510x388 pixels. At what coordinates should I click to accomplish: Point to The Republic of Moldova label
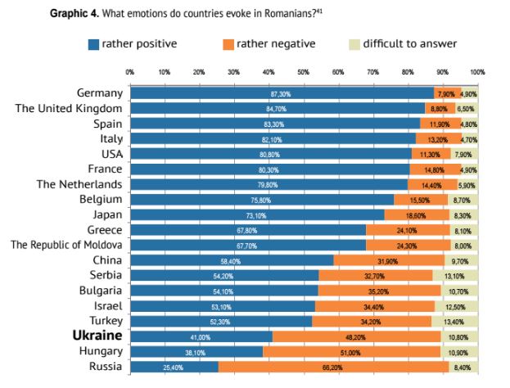click(66, 245)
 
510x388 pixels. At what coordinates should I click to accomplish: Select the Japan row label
click(106, 214)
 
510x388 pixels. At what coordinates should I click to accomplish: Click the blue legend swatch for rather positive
click(93, 44)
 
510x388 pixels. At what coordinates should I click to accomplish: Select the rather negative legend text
click(276, 44)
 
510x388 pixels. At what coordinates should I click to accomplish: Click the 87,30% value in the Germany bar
click(280, 94)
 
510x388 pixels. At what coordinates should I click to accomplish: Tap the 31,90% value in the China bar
click(389, 260)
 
